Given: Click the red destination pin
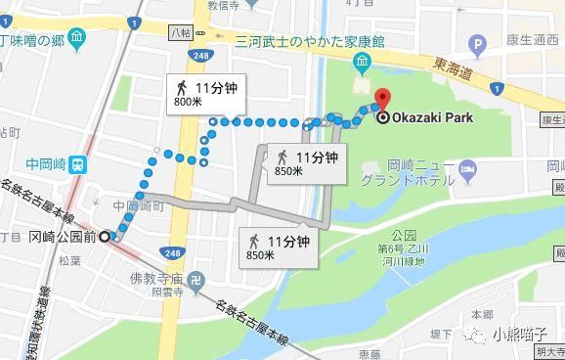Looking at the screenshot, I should (x=383, y=100).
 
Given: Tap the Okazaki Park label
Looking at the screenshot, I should (x=427, y=118).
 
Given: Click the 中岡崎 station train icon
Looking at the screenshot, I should (x=78, y=165).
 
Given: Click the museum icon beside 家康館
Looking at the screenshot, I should (x=363, y=64).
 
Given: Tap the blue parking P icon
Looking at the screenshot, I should (x=477, y=44).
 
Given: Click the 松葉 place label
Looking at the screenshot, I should (x=69, y=260).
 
